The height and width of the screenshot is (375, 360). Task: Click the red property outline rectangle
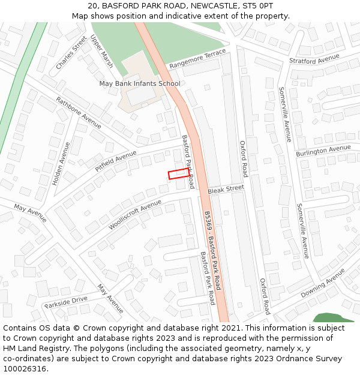tap(179, 174)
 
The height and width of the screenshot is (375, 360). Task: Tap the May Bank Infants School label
tap(140, 83)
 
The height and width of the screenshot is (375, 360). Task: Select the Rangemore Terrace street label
tap(197, 59)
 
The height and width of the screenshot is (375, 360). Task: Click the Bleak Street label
tap(226, 189)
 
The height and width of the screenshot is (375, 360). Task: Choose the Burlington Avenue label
tap(323, 151)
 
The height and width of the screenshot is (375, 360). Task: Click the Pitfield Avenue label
tap(116, 161)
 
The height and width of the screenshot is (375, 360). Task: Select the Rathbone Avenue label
tap(79, 112)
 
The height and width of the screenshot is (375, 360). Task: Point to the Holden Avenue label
tap(61, 163)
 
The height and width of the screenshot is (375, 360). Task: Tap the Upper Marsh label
tap(101, 52)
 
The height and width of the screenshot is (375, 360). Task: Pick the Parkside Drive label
tap(66, 301)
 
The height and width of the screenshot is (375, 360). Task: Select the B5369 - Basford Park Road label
tap(212, 250)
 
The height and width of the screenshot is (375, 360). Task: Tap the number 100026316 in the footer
tap(25, 369)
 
